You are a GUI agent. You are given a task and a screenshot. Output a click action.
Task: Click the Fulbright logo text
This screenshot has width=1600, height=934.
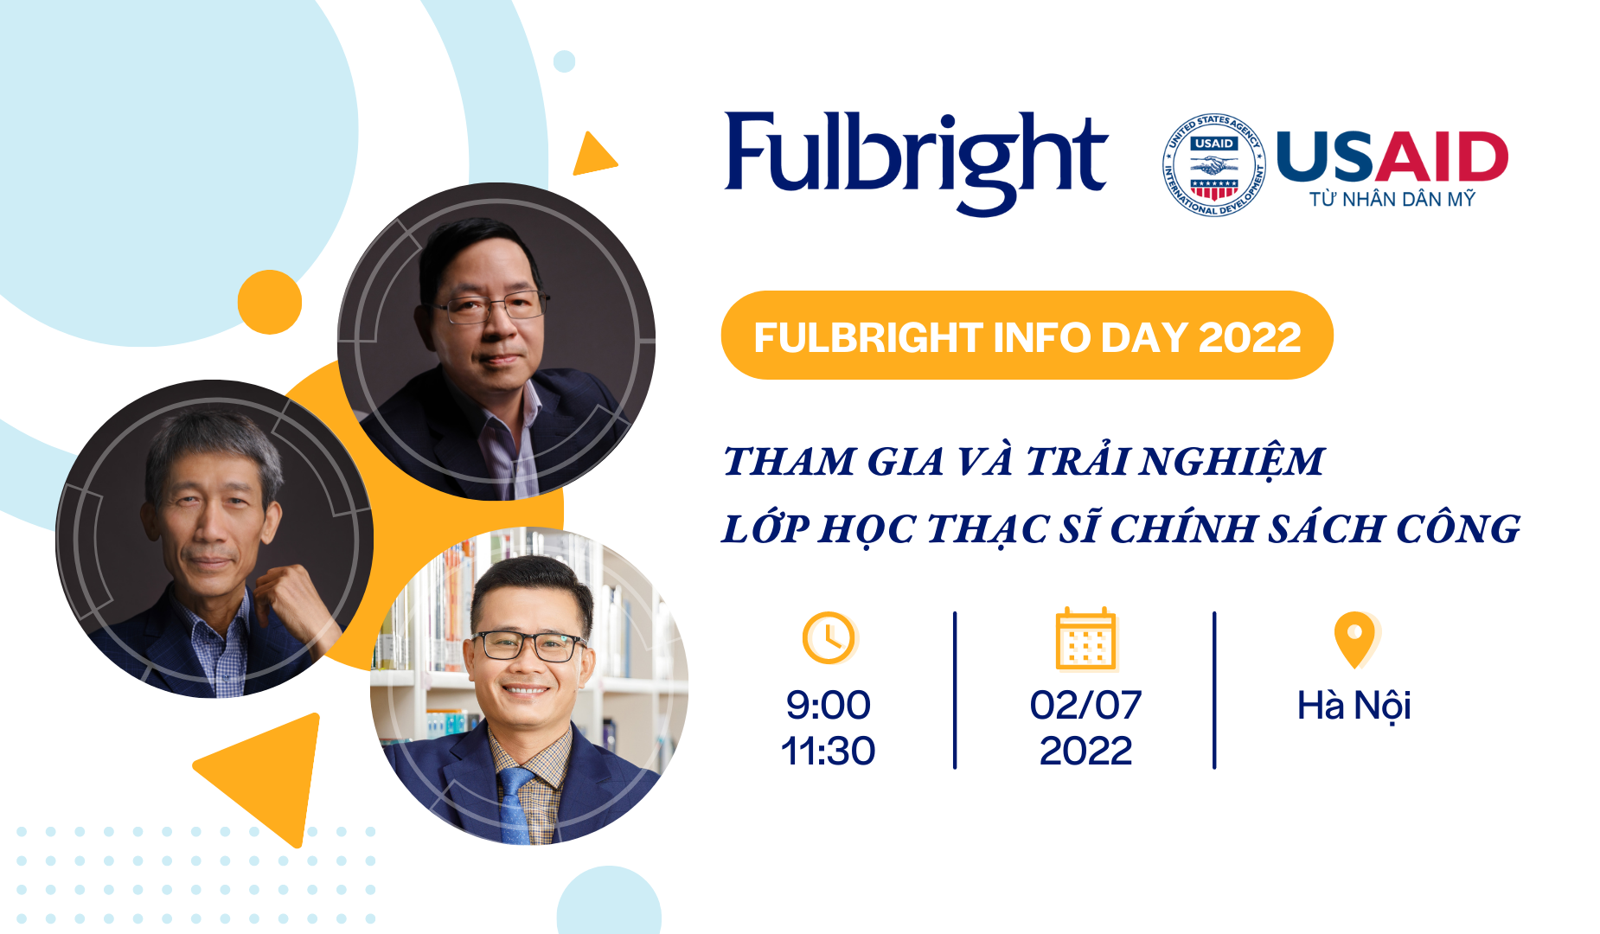click(916, 160)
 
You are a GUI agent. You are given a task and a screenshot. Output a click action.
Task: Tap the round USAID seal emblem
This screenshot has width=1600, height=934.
click(1213, 163)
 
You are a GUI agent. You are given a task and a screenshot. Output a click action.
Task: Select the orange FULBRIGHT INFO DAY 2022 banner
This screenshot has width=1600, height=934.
click(1027, 336)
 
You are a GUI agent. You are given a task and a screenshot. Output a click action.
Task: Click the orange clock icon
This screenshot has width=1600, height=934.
click(829, 638)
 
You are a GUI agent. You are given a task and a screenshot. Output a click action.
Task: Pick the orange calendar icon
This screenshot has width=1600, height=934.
click(1086, 639)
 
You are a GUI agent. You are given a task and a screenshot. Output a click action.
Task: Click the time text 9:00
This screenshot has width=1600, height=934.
click(828, 705)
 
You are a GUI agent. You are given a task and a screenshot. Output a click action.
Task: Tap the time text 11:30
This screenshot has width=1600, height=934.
click(828, 751)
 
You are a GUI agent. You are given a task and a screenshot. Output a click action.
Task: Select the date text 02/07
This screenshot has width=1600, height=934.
click(1085, 705)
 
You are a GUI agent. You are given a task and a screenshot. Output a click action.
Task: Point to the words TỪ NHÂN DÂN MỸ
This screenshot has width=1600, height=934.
click(1392, 199)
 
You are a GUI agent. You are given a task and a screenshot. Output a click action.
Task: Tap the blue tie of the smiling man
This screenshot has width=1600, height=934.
click(515, 804)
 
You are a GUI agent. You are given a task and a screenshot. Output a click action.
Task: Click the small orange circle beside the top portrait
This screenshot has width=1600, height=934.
click(270, 302)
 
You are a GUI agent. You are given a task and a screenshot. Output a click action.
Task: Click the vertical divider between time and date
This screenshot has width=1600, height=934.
click(955, 690)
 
